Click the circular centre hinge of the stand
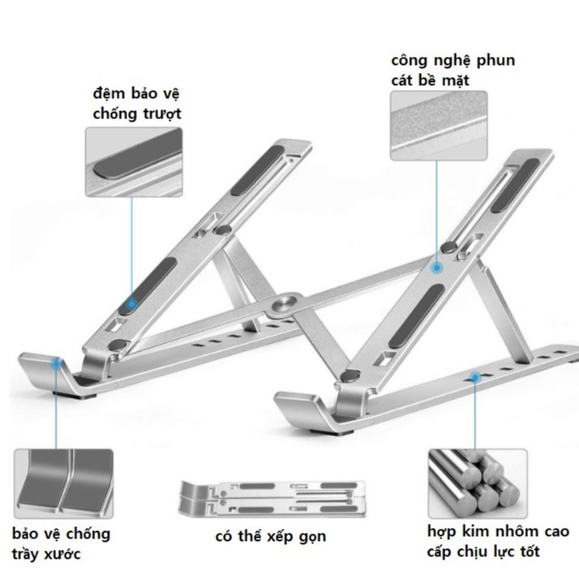286,304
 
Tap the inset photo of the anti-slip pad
134,161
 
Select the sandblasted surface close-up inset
439,126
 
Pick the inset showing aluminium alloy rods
478,484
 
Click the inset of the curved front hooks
63,484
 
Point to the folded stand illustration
272,499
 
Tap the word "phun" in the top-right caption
495,61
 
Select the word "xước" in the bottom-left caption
62,554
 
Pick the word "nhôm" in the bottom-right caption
517,532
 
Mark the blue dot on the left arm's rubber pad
131,304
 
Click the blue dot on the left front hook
57,363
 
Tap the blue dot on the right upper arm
437,268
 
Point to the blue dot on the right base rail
475,377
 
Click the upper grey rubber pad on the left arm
258,170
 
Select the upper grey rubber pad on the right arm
516,186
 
